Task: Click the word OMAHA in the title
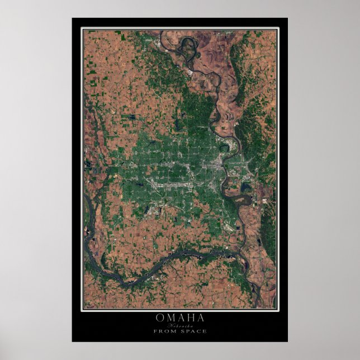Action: click(179, 318)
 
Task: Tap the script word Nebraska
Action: click(179, 325)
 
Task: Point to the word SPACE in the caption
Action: click(193, 331)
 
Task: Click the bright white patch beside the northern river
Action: click(191, 72)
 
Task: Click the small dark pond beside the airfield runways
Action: click(224, 224)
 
